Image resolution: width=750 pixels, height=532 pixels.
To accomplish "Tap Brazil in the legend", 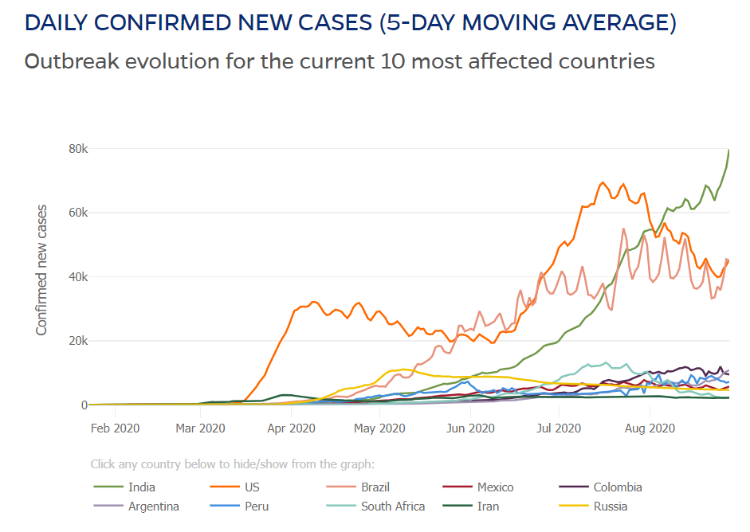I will [x=375, y=487].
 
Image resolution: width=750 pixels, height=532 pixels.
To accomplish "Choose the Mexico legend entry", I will [x=495, y=487].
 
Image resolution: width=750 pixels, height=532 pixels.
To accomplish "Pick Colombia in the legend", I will [x=617, y=487].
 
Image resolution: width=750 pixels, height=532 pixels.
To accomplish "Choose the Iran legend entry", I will [x=488, y=507].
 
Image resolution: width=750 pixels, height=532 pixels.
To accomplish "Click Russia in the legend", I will [x=610, y=507].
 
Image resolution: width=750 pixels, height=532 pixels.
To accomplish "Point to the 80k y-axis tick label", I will [x=76, y=149].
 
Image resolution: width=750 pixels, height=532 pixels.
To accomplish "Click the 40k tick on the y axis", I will [x=76, y=277].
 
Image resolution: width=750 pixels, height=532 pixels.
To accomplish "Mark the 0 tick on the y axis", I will [x=82, y=405].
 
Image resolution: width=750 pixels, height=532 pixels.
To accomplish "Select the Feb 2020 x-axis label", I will [x=116, y=428].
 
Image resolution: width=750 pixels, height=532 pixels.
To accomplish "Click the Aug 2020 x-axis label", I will [x=650, y=428].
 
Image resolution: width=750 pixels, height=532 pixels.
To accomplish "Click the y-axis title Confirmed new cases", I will [x=41, y=270].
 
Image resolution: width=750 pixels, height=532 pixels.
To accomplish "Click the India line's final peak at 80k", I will [x=728, y=151].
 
